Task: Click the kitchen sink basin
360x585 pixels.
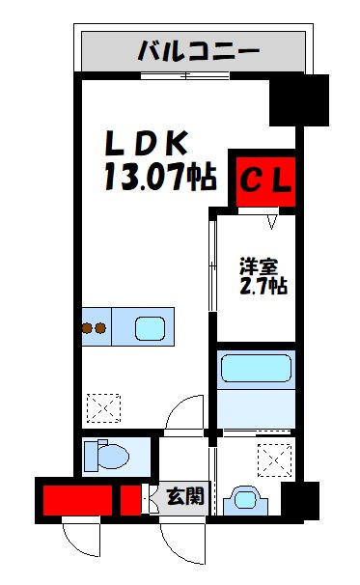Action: (150, 328)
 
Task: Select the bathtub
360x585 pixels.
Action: (256, 370)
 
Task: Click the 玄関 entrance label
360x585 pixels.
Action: (184, 497)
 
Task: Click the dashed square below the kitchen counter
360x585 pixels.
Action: (103, 408)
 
